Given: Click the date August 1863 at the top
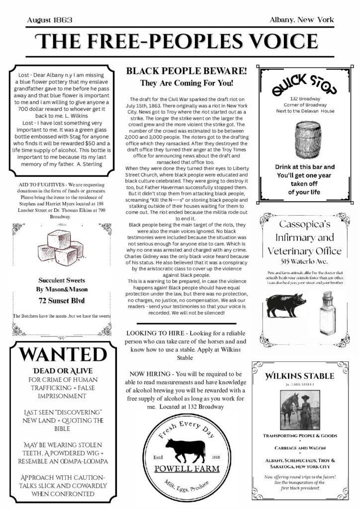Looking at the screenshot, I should point(50,20).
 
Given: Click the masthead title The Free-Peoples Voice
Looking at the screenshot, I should point(180,41).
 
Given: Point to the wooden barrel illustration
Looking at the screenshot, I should point(304,138).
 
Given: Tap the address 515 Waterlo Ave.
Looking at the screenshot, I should point(304,261).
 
